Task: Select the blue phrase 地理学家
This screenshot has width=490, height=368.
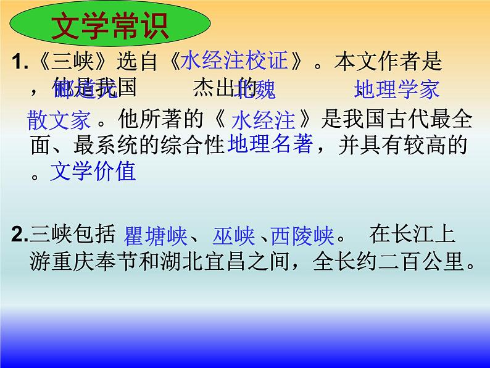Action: click(397, 90)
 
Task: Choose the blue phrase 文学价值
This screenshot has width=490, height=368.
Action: click(93, 171)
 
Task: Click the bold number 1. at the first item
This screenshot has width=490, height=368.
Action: click(20, 62)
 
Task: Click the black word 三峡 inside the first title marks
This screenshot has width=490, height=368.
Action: click(61, 62)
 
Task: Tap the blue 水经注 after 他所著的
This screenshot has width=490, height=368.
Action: click(263, 119)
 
